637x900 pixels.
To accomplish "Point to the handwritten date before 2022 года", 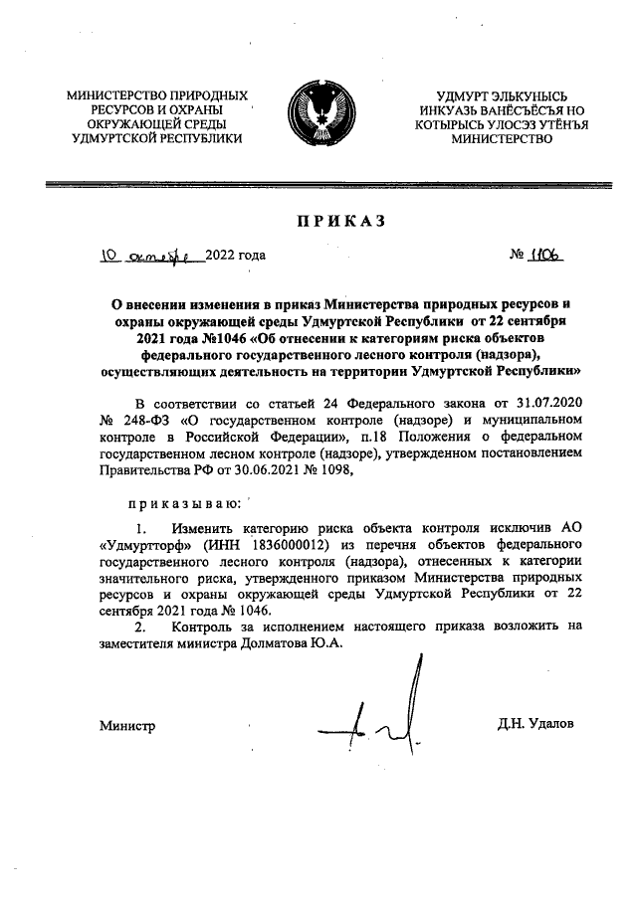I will tap(149, 256).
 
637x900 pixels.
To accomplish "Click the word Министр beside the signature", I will tap(127, 726).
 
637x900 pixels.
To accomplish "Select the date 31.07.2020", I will tap(542, 403).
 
